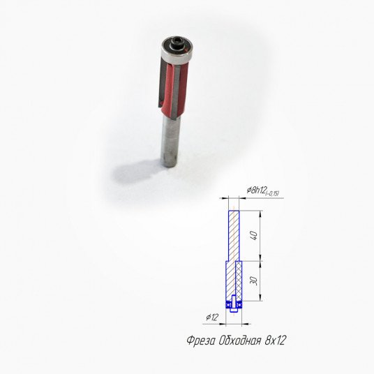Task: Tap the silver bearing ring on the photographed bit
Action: [176, 55]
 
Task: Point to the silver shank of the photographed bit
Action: [170, 142]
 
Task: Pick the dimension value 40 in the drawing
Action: [255, 235]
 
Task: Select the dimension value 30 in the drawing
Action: [255, 280]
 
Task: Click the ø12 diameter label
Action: [212, 317]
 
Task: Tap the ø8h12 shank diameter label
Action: [256, 190]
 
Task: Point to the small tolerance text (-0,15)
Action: [272, 193]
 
